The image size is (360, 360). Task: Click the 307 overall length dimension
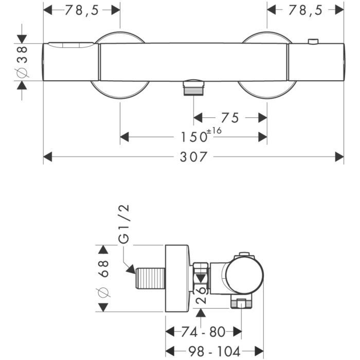pyautogui.click(x=193, y=157)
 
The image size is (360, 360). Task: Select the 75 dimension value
pyautogui.click(x=230, y=118)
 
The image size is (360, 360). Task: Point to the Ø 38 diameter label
pyautogui.click(x=22, y=63)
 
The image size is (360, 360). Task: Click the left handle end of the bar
pyautogui.click(x=71, y=62)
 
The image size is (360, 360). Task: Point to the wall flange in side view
pyautogui.click(x=177, y=278)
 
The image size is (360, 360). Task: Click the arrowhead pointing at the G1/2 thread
pyautogui.click(x=131, y=268)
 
